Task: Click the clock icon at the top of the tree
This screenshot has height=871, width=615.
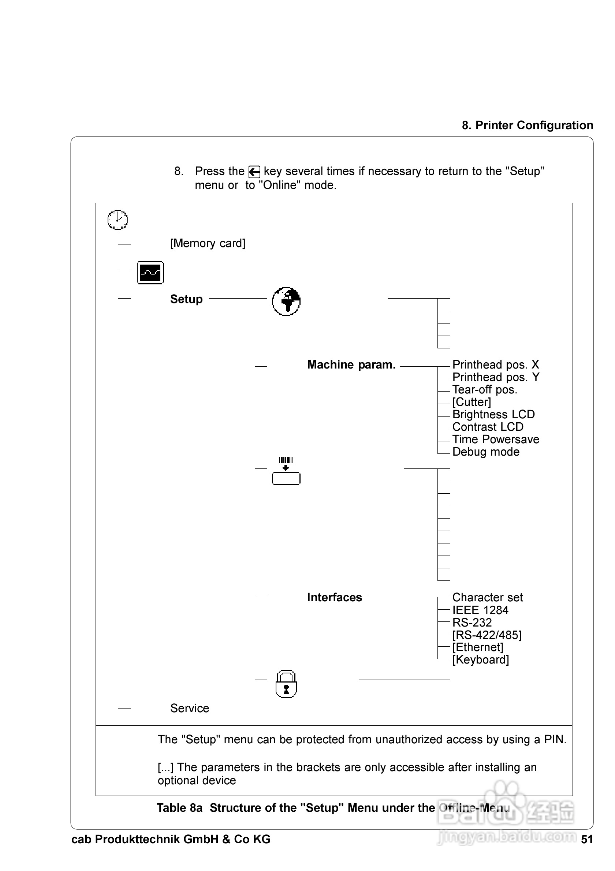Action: point(118,220)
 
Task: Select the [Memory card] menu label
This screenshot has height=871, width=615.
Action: point(208,243)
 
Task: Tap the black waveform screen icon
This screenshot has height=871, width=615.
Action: point(150,272)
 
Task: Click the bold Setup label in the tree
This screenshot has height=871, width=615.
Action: point(186,299)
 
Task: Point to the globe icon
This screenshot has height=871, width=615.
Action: point(286,301)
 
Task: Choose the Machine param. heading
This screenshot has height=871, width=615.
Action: point(351,365)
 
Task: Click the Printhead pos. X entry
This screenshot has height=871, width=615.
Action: point(496,365)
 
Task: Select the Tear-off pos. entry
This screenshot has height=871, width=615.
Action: point(484,390)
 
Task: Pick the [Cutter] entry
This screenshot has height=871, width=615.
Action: point(471,402)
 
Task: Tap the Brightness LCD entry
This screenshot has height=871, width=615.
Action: point(493,414)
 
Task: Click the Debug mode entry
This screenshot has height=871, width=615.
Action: point(486,452)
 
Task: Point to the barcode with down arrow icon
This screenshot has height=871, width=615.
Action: point(286,471)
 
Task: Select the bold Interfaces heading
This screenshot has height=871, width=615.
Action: point(334,598)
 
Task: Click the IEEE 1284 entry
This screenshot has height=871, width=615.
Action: point(480,610)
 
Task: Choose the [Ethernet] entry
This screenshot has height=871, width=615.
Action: point(478,647)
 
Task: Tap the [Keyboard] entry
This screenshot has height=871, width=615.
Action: point(480,660)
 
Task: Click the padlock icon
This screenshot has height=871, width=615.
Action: point(286,684)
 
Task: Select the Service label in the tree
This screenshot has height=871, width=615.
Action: point(190,708)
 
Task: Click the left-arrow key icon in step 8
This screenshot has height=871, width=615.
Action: point(254,172)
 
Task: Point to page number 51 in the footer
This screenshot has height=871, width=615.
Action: point(586,839)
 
